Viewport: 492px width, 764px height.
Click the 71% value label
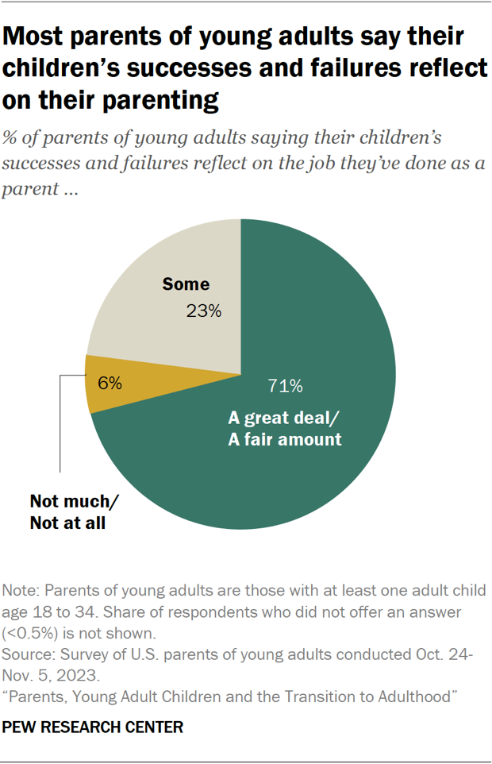pyautogui.click(x=285, y=387)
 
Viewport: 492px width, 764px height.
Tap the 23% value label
pyautogui.click(x=203, y=311)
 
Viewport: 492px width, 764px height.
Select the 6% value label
pyautogui.click(x=110, y=383)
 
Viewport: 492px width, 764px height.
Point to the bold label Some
pyautogui.click(x=186, y=284)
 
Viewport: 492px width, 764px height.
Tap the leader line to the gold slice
pyautogui.click(x=61, y=429)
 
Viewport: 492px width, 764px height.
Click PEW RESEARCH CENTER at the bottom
pyautogui.click(x=93, y=727)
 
